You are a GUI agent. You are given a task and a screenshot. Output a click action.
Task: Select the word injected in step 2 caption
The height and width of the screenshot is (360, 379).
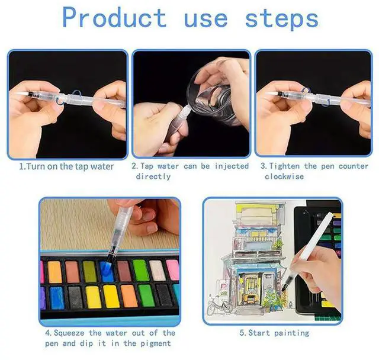coord(229,166)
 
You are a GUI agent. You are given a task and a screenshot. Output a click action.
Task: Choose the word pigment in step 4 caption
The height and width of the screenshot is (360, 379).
coord(152,343)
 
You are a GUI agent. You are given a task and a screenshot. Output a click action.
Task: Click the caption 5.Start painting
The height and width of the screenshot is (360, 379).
coord(274,333)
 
